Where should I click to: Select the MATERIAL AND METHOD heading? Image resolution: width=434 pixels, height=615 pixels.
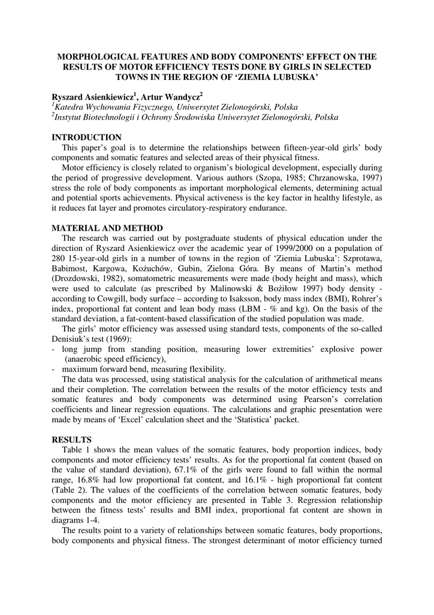click(107, 228)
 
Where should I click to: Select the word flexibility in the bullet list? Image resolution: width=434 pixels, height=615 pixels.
click(205, 369)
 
